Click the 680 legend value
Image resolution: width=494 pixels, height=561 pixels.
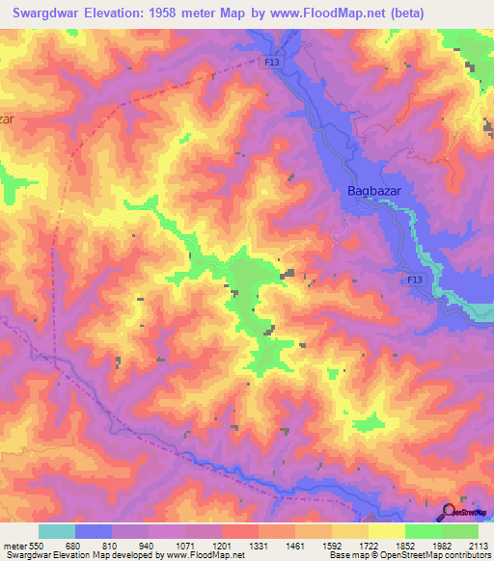(74, 545)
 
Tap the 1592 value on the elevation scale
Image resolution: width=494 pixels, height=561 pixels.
(331, 545)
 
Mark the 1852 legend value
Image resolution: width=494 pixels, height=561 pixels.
(404, 545)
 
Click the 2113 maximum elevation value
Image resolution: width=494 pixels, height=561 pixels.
(477, 545)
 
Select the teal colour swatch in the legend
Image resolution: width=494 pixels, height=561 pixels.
(57, 531)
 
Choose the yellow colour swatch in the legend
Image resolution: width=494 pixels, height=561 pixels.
(386, 531)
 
